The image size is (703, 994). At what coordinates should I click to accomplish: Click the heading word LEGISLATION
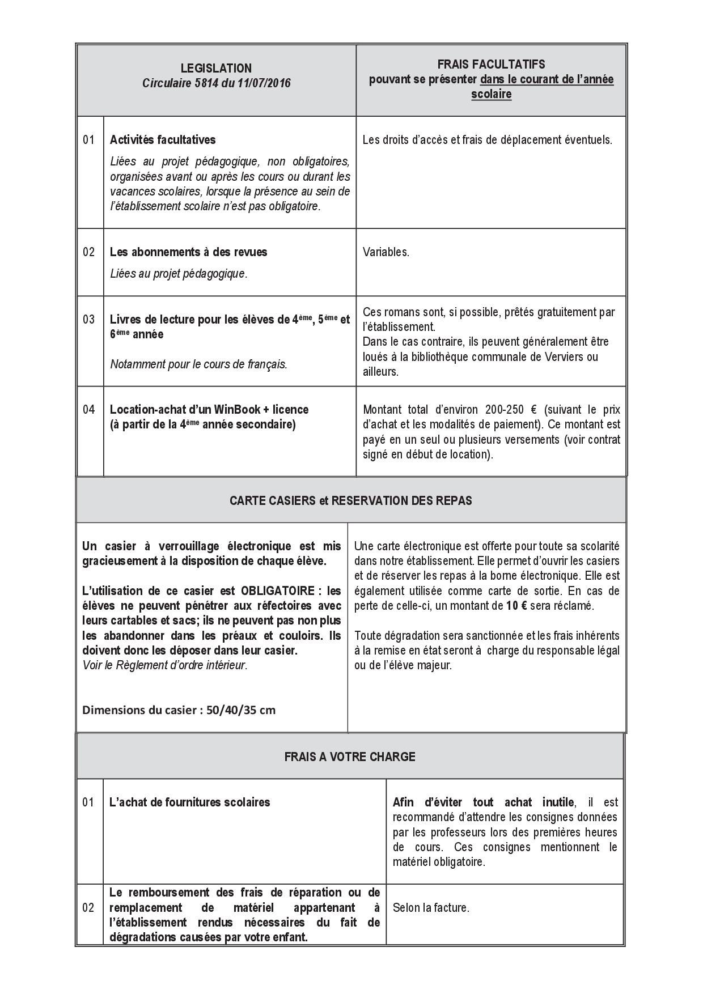216,68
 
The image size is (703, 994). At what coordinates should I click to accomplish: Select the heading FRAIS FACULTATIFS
491,65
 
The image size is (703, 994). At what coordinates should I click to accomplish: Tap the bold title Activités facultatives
163,139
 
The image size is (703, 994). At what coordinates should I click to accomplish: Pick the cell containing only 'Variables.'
386,252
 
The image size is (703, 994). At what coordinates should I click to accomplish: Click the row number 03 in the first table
89,319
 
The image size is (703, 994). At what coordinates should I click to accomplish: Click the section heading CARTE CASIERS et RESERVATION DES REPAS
350,500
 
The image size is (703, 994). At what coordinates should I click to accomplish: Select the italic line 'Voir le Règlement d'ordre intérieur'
165,665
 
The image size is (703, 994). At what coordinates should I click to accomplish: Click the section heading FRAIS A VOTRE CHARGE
350,757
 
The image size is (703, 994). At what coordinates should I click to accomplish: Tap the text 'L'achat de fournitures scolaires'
189,802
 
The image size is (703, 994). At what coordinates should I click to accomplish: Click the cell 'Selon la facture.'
430,907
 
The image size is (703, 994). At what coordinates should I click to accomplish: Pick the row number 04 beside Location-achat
89,409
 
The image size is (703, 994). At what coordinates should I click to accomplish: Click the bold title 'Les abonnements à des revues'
188,252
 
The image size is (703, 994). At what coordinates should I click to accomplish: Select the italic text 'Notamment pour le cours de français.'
198,364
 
